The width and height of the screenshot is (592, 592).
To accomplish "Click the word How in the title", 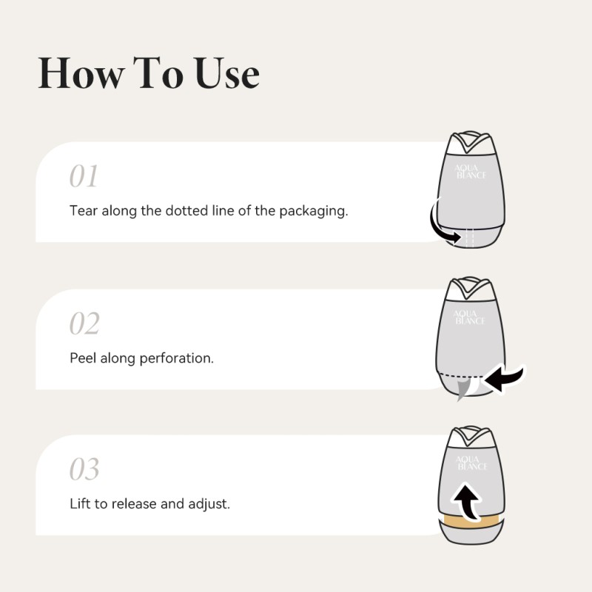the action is click(x=81, y=73).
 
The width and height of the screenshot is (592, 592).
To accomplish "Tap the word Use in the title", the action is click(x=227, y=73).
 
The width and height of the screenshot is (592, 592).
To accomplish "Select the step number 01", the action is click(x=84, y=176).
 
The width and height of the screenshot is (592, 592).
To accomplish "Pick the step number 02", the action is click(x=84, y=323).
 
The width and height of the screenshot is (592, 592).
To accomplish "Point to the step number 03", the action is click(x=84, y=468).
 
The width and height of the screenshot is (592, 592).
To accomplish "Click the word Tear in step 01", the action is click(x=84, y=210).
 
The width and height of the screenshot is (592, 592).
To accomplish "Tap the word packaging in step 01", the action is click(x=313, y=212).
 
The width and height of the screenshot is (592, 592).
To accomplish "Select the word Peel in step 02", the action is click(x=83, y=358).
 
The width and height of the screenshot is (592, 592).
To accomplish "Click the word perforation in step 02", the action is click(x=176, y=359).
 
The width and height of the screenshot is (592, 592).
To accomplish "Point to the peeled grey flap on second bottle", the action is click(x=463, y=390).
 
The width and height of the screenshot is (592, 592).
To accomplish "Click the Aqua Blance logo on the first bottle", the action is click(x=470, y=172).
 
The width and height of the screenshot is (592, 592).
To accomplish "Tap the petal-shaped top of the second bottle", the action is click(x=471, y=289).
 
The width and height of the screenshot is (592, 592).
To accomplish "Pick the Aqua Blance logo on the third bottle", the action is click(x=471, y=463).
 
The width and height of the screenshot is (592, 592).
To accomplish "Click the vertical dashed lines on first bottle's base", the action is click(x=470, y=237).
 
